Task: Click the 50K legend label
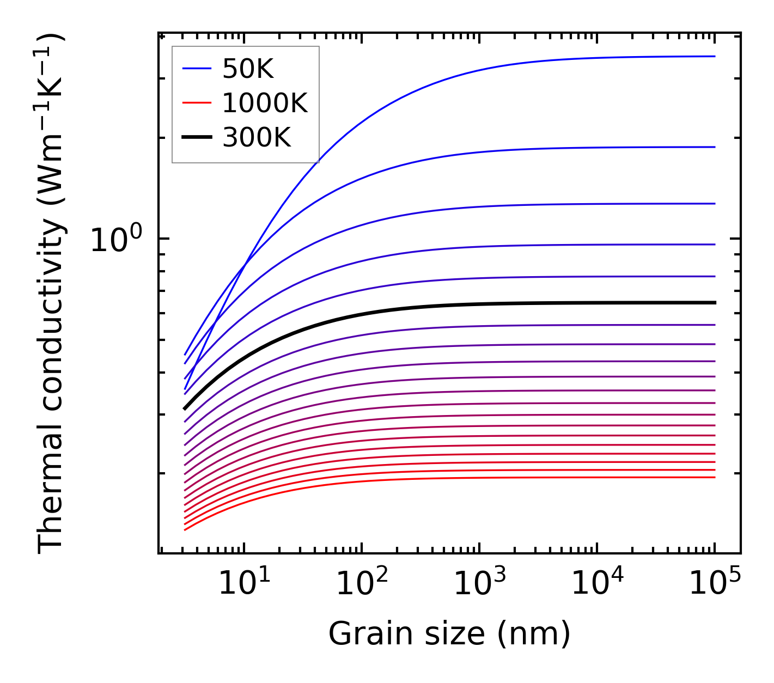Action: (x=248, y=69)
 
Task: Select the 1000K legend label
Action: (x=265, y=103)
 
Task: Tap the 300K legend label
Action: (x=257, y=138)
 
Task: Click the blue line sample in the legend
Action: (x=197, y=69)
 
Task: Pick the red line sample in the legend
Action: (x=197, y=103)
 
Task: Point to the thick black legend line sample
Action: (x=197, y=137)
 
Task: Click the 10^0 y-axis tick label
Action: (x=116, y=239)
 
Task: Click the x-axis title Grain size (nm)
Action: (x=449, y=634)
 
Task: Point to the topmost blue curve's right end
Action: (x=714, y=56)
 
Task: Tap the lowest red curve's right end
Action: (x=714, y=477)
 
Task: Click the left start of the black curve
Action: (x=186, y=408)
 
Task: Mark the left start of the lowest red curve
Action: (x=186, y=529)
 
